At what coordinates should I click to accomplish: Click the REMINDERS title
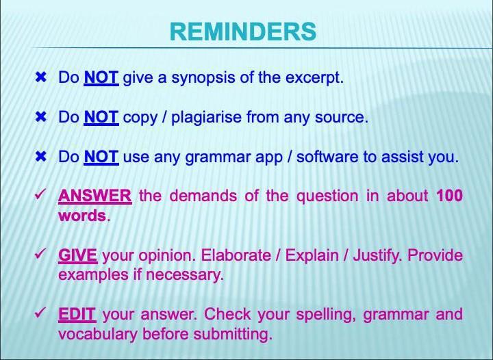(x=242, y=31)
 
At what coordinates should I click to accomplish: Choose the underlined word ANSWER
(x=94, y=196)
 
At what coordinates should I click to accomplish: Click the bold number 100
(x=449, y=196)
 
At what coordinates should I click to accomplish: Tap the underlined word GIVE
(x=77, y=256)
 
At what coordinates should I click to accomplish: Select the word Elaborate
(x=236, y=256)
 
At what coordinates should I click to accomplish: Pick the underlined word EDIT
(x=77, y=315)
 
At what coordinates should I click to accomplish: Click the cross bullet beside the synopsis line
(x=41, y=78)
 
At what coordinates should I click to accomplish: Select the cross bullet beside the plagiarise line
(x=41, y=118)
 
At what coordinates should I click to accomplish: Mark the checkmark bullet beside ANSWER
(x=41, y=196)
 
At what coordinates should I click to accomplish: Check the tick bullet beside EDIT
(x=41, y=314)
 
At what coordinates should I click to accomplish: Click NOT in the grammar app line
(x=101, y=157)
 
